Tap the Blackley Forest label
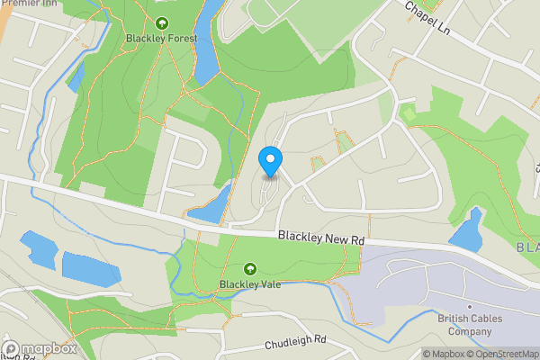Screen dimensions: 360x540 (x=161, y=39)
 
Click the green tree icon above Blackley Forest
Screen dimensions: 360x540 (x=161, y=23)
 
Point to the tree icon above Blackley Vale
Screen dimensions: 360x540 (x=248, y=268)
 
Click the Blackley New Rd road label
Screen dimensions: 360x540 (x=320, y=238)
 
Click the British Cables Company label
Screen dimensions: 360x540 (x=470, y=325)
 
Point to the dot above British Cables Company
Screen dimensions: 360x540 (x=470, y=306)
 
